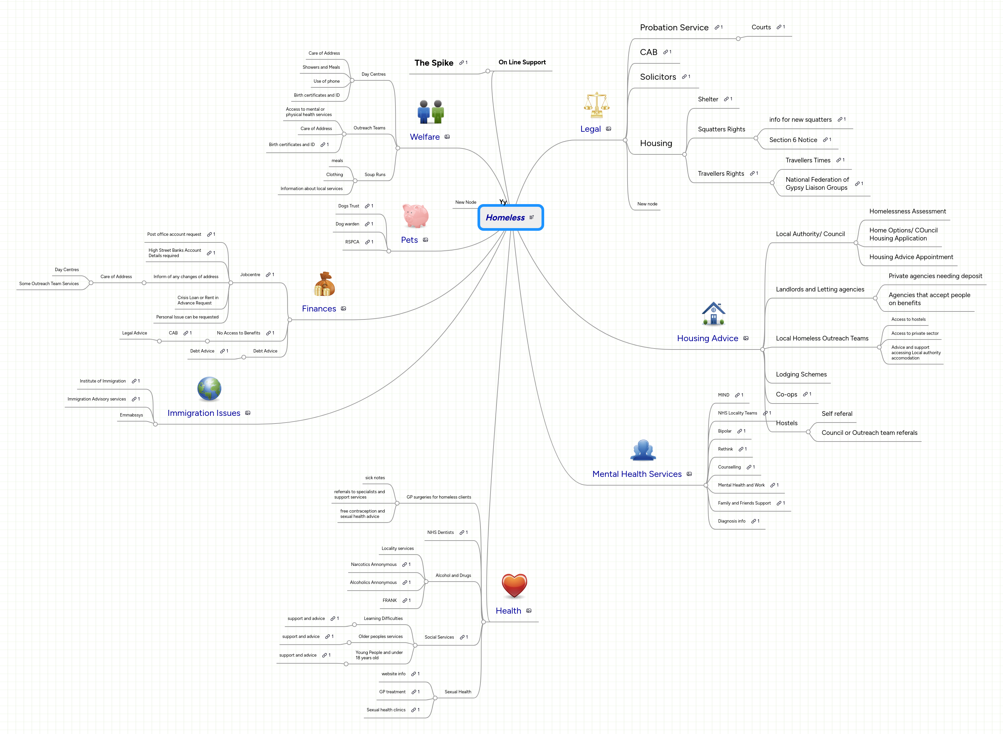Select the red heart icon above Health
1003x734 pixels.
[514, 585]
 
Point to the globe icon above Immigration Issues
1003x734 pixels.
[209, 389]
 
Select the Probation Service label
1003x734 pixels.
[674, 28]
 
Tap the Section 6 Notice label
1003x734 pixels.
[793, 140]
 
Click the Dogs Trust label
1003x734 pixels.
[348, 206]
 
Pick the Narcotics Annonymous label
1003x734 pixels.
[373, 564]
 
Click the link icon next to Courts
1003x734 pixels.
[779, 27]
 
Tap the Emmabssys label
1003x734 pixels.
[131, 415]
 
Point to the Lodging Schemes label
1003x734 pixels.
[801, 375]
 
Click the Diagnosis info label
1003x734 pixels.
[731, 521]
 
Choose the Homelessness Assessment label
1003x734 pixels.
[907, 211]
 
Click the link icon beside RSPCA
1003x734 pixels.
[367, 242]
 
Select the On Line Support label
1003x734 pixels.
[522, 62]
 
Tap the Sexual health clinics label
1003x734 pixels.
[385, 710]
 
